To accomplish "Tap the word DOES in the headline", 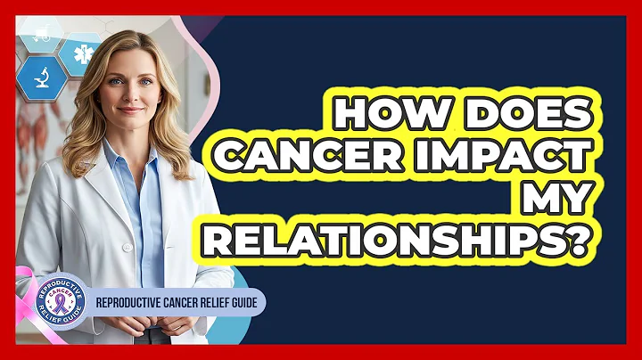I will pos(518,117).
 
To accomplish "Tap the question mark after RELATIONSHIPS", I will pos(581,243).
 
